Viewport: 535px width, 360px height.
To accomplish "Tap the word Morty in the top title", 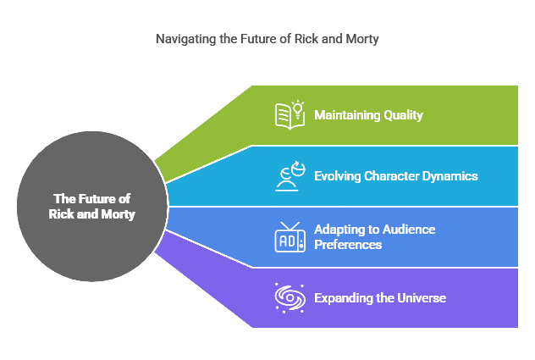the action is [362, 39].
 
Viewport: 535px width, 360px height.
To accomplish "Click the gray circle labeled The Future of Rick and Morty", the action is [92, 207].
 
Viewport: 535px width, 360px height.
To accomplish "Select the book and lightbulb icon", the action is [290, 114].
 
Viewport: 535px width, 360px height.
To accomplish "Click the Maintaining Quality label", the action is [368, 115].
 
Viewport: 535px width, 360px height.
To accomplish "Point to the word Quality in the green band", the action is [403, 115].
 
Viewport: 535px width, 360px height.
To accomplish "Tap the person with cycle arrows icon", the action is [290, 176].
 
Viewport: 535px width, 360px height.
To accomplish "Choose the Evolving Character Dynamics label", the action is [396, 176].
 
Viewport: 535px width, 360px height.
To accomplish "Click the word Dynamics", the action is [450, 176].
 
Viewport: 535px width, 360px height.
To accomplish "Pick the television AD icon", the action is [290, 237].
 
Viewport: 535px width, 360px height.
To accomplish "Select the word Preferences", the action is [348, 245].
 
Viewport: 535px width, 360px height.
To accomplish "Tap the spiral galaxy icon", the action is [290, 298].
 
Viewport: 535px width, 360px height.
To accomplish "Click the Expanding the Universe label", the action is [380, 298].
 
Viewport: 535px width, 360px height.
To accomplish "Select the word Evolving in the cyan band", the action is [338, 176].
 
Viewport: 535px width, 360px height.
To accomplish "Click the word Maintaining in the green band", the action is [347, 115].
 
